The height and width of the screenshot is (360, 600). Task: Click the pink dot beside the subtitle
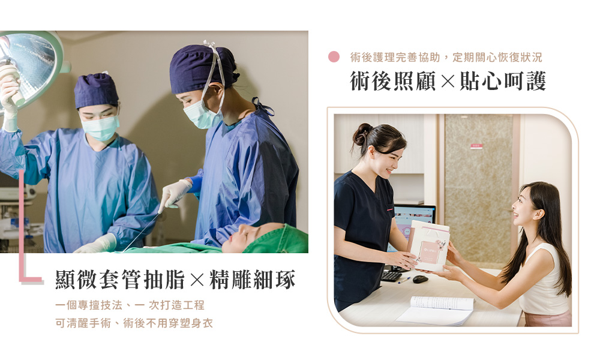tap(334, 56)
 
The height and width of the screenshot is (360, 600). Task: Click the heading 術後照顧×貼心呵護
tap(448, 81)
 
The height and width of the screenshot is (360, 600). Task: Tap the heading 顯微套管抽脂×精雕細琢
tap(175, 279)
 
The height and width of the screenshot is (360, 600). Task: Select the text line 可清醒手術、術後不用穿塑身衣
tap(134, 323)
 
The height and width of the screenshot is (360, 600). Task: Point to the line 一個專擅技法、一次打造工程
tap(130, 305)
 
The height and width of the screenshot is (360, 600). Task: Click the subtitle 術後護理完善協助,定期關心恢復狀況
tap(446, 58)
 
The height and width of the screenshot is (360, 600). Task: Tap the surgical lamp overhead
tap(29, 69)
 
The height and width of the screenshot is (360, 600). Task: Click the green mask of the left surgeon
tap(100, 128)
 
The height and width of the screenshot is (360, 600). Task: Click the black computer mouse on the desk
tap(420, 279)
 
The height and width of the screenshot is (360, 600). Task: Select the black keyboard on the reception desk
tap(391, 276)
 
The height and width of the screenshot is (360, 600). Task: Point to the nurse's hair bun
tap(361, 134)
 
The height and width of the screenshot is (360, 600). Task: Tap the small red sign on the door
tap(476, 146)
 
